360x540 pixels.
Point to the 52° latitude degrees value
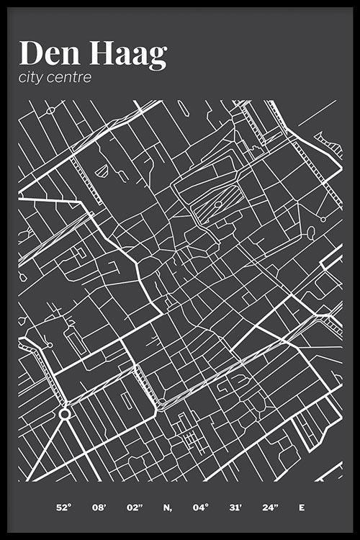[x=63, y=508]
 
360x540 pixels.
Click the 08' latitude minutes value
[x=99, y=508]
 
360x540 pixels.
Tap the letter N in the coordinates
[x=166, y=508]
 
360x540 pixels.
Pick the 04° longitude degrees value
[x=200, y=508]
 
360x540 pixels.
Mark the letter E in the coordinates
[x=302, y=508]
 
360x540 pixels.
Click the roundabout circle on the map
[x=65, y=414]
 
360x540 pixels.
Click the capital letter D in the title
[x=31, y=55]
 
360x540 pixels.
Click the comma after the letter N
[x=171, y=510]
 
